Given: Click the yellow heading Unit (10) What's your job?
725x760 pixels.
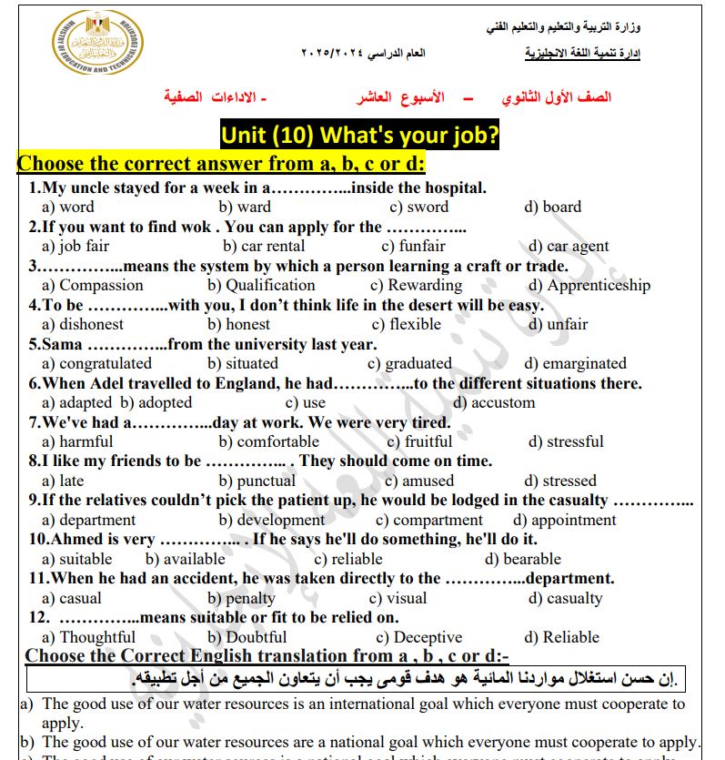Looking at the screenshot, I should pyautogui.click(x=360, y=136).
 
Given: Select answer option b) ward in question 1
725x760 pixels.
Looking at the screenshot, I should pyautogui.click(x=244, y=208).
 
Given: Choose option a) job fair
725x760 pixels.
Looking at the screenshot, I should pyautogui.click(x=76, y=246).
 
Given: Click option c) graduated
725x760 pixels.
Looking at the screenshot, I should pyautogui.click(x=409, y=363).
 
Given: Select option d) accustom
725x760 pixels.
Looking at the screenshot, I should pyautogui.click(x=494, y=402).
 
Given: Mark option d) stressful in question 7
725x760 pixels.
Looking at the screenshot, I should pyautogui.click(x=566, y=441).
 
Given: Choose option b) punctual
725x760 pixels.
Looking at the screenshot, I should pyautogui.click(x=252, y=481).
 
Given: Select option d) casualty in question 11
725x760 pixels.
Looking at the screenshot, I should pyautogui.click(x=565, y=598).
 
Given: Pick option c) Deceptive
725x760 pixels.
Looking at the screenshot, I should pyautogui.click(x=418, y=637).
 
